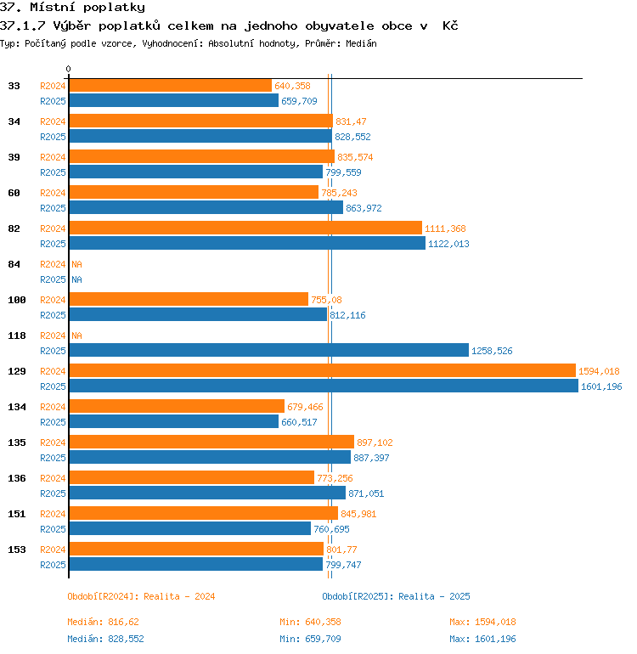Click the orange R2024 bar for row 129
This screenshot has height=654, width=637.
(x=323, y=370)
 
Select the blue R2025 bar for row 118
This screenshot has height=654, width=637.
(x=269, y=350)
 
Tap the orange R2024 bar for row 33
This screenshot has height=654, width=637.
(x=171, y=85)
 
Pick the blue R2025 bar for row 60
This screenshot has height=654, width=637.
(x=206, y=207)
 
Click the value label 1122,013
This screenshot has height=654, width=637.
(x=448, y=244)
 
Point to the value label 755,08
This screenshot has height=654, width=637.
(x=326, y=300)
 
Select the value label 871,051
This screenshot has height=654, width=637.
(x=366, y=493)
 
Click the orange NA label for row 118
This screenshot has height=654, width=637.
(x=76, y=335)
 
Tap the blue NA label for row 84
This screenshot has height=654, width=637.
(x=76, y=279)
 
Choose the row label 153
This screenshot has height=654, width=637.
(x=17, y=550)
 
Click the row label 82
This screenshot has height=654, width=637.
(x=14, y=228)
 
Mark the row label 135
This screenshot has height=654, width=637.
(x=17, y=443)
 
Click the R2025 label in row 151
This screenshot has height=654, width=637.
(x=53, y=529)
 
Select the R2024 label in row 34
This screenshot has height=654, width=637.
(x=53, y=121)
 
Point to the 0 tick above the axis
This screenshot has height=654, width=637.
(x=69, y=69)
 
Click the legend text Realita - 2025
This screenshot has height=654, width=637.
(x=434, y=596)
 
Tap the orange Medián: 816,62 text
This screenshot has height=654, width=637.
(x=103, y=622)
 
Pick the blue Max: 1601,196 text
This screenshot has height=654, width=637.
(x=482, y=639)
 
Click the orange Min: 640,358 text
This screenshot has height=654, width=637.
(x=310, y=622)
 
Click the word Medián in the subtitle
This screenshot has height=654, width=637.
(x=361, y=43)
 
